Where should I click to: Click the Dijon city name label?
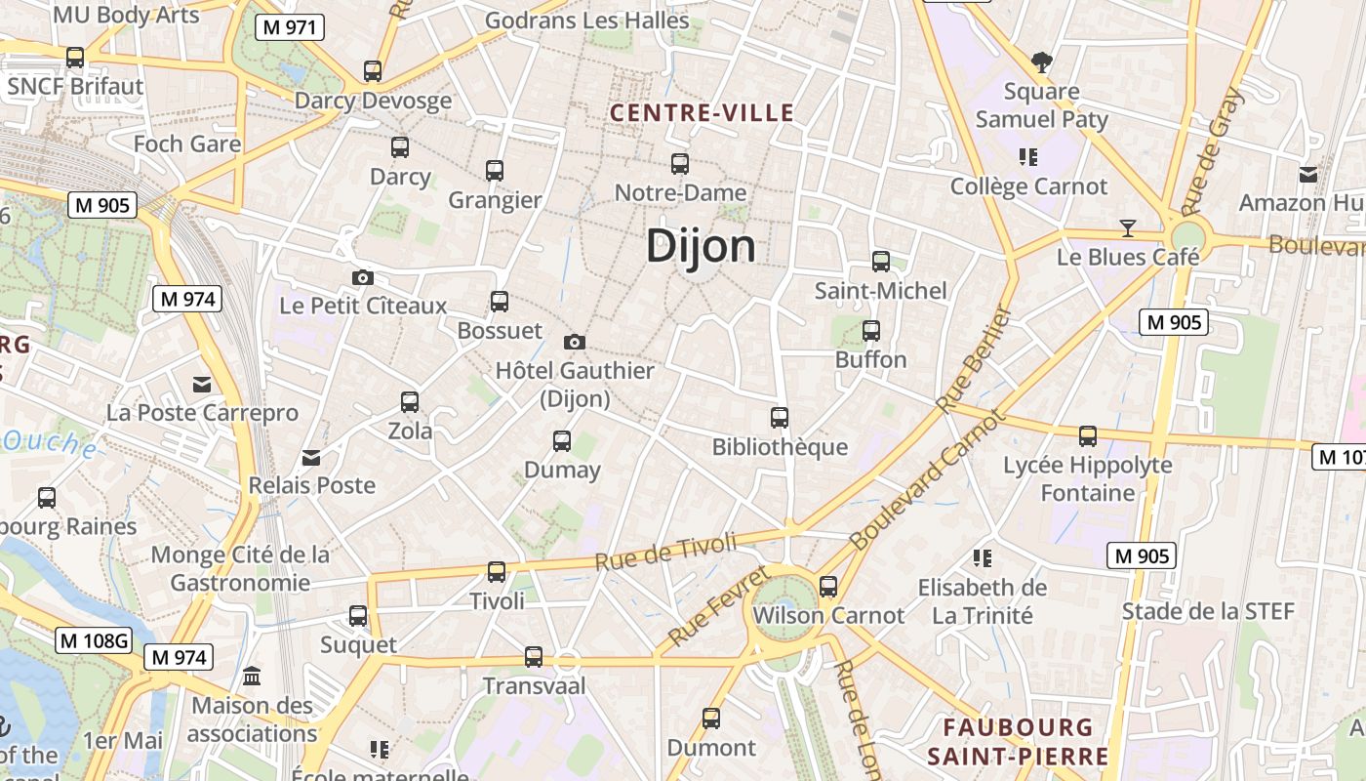tap(701, 246)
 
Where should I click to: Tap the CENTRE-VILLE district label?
tap(702, 113)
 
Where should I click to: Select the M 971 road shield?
tap(290, 27)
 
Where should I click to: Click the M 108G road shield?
tap(94, 640)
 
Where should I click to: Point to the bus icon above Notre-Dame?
tap(680, 164)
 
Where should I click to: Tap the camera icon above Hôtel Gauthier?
tap(575, 342)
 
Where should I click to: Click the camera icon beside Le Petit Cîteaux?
tap(363, 278)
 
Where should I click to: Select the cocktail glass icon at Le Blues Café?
tap(1128, 228)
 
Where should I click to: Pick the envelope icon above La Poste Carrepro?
tap(202, 385)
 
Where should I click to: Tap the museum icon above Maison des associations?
tap(253, 676)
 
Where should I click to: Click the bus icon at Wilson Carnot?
tap(828, 586)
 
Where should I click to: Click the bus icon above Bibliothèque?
tap(780, 418)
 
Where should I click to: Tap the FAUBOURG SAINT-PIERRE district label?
tap(1018, 741)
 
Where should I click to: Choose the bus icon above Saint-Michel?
tap(881, 262)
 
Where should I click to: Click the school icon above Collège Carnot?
tap(1027, 156)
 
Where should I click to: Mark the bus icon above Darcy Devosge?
tap(373, 71)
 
